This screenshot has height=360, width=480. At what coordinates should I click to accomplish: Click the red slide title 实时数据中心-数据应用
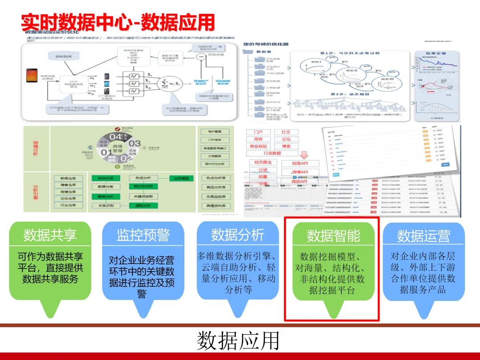point(118,21)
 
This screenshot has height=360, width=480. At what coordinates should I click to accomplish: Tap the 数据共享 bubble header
point(50,235)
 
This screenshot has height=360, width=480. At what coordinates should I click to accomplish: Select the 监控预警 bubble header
point(143,235)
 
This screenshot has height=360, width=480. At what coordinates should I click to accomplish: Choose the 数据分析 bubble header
point(237,234)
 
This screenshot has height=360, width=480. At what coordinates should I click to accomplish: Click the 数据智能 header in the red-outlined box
point(333,236)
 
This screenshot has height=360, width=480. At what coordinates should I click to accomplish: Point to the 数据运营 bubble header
point(423,236)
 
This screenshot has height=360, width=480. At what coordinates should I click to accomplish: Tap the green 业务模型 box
point(181,178)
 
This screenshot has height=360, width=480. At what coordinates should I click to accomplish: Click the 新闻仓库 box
point(68,178)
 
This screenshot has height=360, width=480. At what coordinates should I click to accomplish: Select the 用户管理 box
point(215,132)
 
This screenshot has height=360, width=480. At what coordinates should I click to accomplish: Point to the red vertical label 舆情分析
point(36,149)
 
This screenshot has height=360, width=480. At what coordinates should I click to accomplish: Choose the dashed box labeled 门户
point(258,132)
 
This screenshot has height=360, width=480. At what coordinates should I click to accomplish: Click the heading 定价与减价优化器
point(266,44)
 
